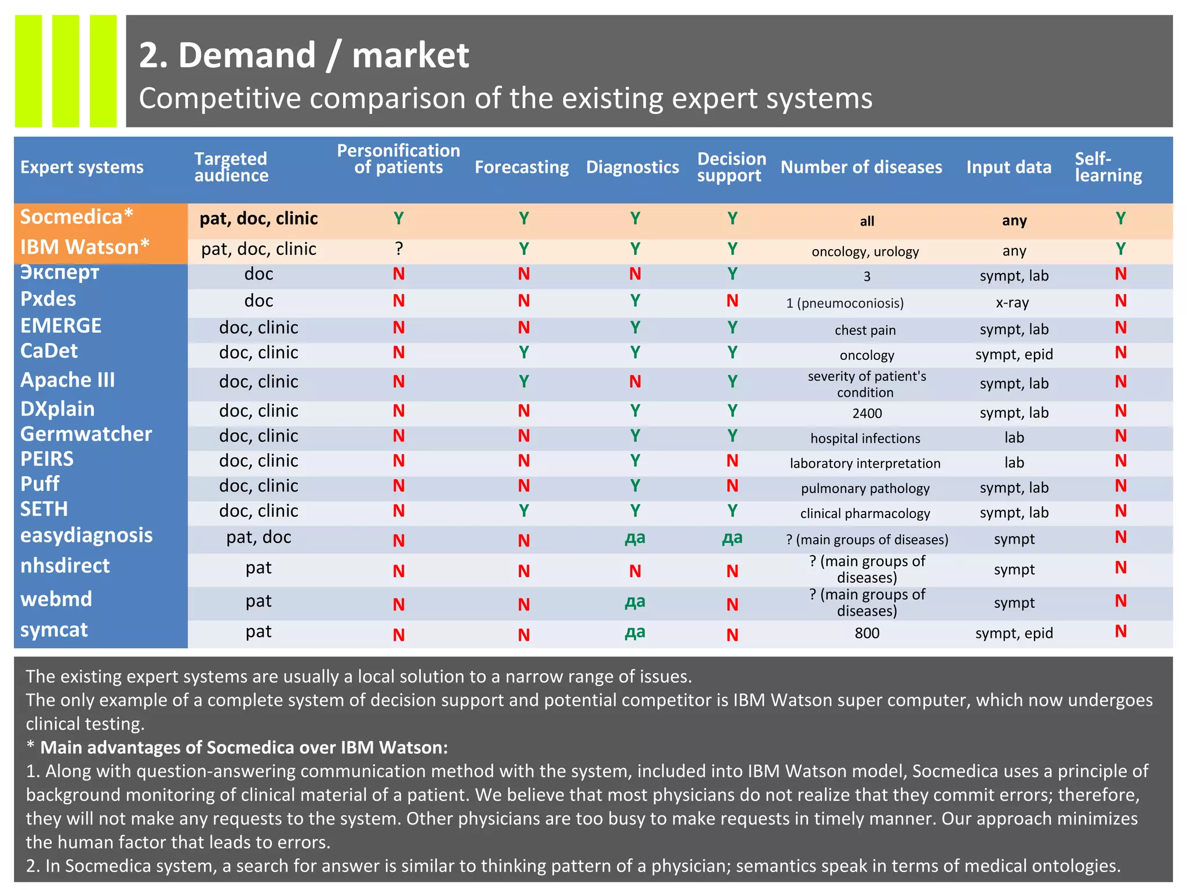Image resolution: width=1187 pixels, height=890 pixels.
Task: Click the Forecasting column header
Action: point(522,167)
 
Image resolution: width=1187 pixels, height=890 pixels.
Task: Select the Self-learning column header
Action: point(1108,167)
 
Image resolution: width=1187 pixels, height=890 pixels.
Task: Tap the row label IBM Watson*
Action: point(85,247)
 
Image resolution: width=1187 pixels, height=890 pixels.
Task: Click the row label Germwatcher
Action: point(86,434)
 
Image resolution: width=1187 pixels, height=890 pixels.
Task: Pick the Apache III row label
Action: point(67,380)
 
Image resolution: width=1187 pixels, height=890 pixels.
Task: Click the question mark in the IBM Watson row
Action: point(399,249)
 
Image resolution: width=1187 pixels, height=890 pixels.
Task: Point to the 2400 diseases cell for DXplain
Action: point(866,413)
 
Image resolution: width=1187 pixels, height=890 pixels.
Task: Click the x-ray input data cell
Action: point(1012,302)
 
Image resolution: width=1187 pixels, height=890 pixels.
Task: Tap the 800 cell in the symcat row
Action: point(866,633)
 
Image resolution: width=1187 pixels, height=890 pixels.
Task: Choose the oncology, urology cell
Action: point(865,251)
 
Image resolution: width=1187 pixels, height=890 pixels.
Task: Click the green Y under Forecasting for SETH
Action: point(523,510)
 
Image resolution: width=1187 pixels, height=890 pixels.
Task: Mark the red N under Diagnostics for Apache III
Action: point(635,382)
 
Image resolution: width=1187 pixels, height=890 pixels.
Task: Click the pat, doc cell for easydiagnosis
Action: point(258,537)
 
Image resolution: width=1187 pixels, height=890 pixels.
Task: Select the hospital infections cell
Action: point(865,439)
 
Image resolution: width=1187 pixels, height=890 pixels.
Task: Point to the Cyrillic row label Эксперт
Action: point(60,272)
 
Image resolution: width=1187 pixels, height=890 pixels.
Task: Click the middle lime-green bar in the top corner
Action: point(65,71)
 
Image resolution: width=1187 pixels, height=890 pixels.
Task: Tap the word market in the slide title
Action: point(410,56)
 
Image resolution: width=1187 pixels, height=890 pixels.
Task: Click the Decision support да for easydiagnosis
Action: point(732,538)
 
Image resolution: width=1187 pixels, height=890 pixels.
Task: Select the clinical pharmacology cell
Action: point(865,513)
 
